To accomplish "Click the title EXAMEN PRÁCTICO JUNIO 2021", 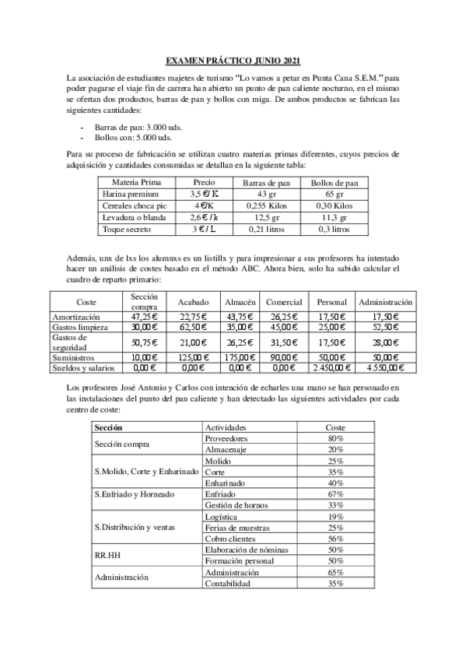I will click(233, 61).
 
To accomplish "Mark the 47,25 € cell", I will click(145, 317).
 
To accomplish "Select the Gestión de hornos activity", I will click(233, 505).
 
